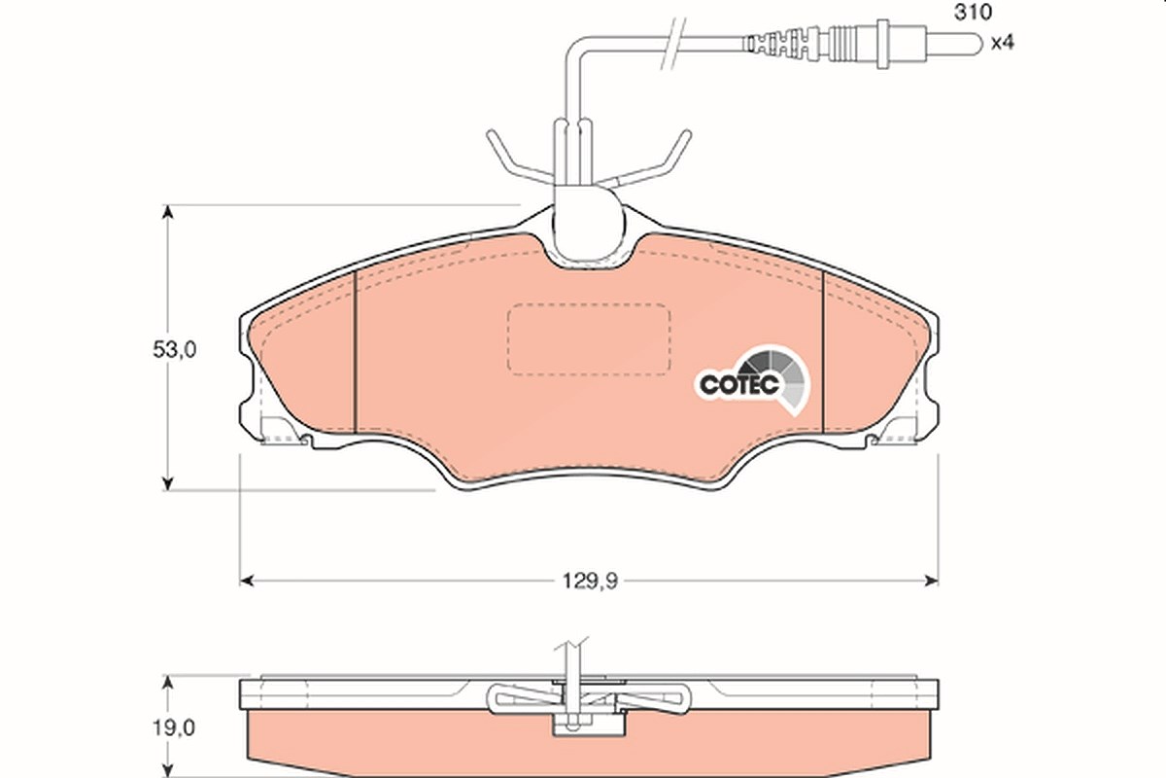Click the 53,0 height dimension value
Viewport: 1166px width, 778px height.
(174, 350)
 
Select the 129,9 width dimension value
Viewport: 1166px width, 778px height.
(590, 581)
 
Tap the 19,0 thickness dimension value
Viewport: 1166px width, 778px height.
(173, 727)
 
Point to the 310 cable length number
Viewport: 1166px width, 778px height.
(973, 12)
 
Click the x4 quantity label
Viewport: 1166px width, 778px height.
(1002, 42)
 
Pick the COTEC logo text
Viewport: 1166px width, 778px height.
(739, 385)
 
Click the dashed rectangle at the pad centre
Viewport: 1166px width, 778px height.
(589, 339)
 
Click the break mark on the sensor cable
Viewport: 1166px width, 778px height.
(673, 43)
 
